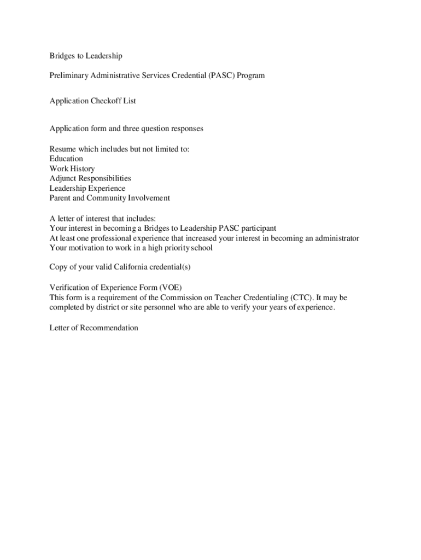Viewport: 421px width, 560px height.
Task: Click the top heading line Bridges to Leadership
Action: (x=86, y=56)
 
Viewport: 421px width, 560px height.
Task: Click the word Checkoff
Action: (x=103, y=101)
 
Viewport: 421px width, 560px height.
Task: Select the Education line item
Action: (x=66, y=159)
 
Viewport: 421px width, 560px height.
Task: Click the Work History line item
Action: (x=72, y=168)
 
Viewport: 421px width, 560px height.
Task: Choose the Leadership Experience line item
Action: (x=87, y=188)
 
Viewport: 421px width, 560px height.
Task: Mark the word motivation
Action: (x=87, y=248)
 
